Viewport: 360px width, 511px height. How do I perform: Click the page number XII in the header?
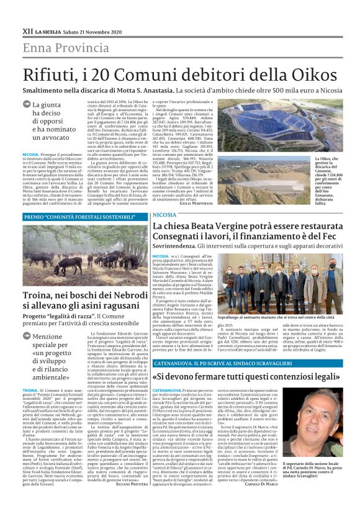(27, 30)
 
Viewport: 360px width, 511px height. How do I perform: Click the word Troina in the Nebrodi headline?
(41, 295)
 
